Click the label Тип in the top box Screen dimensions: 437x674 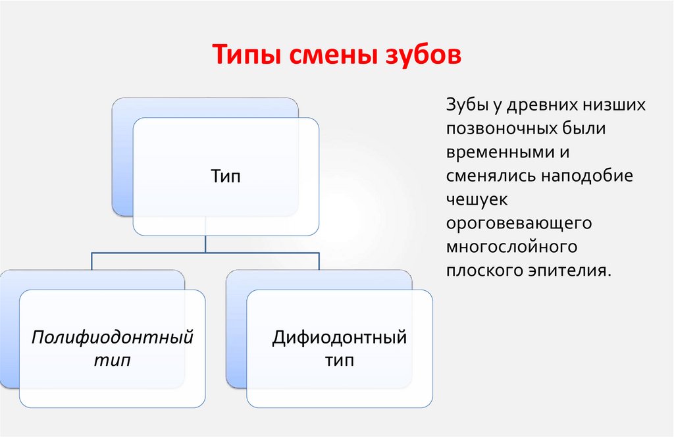[226, 176]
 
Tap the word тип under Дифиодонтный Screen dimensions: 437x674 [339, 361]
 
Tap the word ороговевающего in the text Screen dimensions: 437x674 [519, 224]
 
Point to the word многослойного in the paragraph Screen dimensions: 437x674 [511, 247]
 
